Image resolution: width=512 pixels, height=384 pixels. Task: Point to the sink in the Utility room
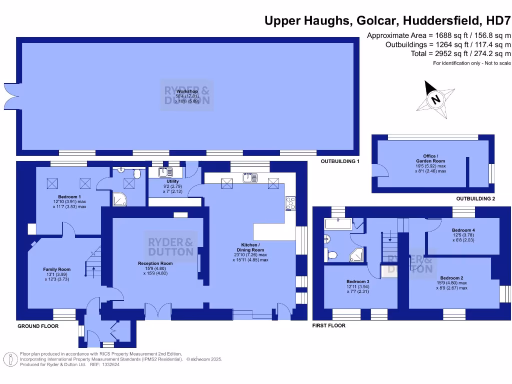point(163,172)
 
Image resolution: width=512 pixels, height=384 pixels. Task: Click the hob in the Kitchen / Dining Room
point(290,202)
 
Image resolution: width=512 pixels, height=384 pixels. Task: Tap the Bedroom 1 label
point(69,197)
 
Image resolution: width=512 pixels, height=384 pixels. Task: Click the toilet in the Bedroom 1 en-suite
point(136,173)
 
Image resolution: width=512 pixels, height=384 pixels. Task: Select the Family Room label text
point(56,269)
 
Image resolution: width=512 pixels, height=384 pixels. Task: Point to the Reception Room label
point(155,263)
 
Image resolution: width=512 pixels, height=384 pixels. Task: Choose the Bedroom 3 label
point(357,281)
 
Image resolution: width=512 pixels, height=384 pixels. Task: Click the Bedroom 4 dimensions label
point(463,239)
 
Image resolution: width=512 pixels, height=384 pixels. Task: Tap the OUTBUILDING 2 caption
point(475,198)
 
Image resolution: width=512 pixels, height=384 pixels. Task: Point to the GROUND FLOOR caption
point(38,326)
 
